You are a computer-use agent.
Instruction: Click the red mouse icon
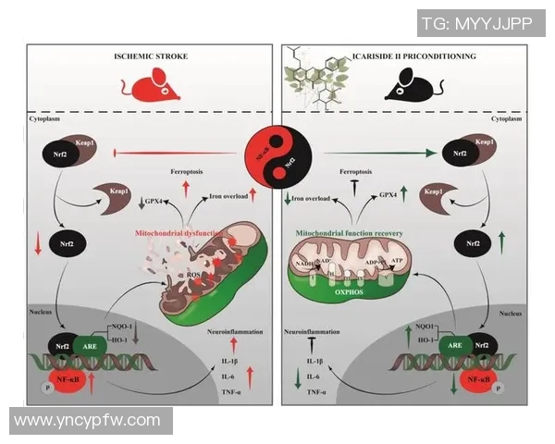[x=148, y=87]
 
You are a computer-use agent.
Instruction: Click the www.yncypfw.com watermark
[x=89, y=420]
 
